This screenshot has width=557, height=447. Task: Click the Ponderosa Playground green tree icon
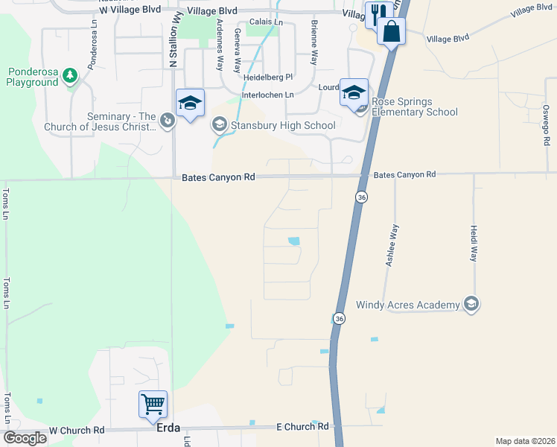pos(70,74)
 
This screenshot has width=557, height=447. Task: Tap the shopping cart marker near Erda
pos(153,405)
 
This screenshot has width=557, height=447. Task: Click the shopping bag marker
pos(390,32)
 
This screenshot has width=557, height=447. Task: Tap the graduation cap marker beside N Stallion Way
pos(190,104)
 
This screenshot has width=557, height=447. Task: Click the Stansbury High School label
pos(282,125)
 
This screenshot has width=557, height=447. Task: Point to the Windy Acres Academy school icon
pos(471,304)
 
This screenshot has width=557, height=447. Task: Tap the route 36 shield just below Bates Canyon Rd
pos(361,197)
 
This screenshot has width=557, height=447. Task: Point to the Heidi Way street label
pos(473,244)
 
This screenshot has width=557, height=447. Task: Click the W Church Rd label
pos(77,431)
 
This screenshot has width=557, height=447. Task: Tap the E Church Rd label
pos(302,426)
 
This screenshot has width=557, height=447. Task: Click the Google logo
pos(24,438)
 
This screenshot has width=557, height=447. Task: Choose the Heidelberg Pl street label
pos(269,77)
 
